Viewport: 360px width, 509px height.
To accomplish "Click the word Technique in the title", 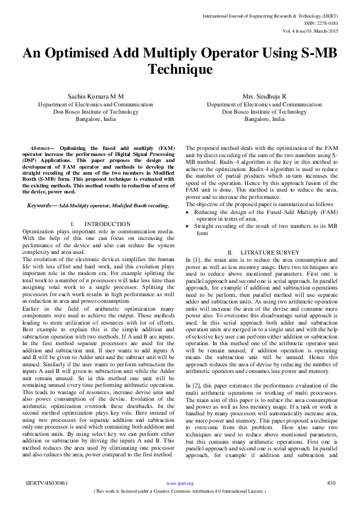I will pyautogui.click(x=179, y=70).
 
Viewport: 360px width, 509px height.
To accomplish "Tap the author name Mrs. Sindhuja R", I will pyautogui.click(x=264, y=97).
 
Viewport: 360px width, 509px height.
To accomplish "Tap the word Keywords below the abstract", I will pyautogui.click(x=41, y=206).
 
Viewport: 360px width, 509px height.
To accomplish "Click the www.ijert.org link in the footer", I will pyautogui.click(x=180, y=484).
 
